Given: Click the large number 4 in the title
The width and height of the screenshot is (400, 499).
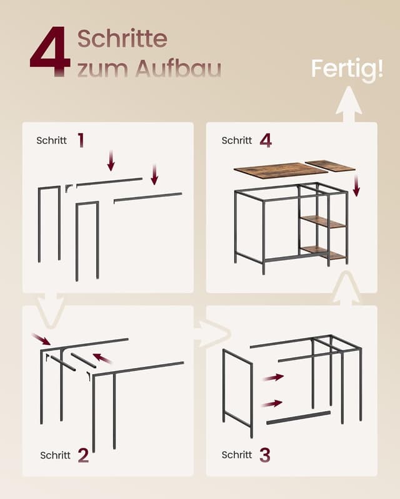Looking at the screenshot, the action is coord(51,51).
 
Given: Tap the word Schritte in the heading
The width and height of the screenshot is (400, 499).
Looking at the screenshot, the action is coord(122,39).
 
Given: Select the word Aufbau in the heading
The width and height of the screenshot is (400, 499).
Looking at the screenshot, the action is coord(178,68).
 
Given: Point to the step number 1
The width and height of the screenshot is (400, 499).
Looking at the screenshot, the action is coord(81,140).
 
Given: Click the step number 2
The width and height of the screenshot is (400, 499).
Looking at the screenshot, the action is coord(83,455).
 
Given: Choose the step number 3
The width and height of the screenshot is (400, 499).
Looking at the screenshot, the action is coord(265,455).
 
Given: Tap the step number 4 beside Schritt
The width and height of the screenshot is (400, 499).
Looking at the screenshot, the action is coord(266,140).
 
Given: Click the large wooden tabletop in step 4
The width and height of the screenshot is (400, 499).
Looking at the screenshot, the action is coord(281,171).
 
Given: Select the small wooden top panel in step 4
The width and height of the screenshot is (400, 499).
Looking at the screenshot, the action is coord(330,166).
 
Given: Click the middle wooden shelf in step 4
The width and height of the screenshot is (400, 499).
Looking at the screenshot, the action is coord(324,221).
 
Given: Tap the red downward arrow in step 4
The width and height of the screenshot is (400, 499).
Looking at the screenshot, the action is coord(356,185).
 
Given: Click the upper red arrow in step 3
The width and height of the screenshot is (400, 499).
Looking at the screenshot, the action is coord(273,377).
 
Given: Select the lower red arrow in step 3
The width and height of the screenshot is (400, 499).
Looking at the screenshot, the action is coord(272,404).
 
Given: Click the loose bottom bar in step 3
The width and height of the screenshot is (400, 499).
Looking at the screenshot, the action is coord(298,417).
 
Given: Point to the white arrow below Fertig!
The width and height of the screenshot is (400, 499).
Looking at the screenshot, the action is coord(349,104).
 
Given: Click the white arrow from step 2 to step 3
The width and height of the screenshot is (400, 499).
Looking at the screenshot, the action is coord(212,334).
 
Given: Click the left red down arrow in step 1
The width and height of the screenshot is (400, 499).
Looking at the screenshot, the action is coord(111,161).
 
